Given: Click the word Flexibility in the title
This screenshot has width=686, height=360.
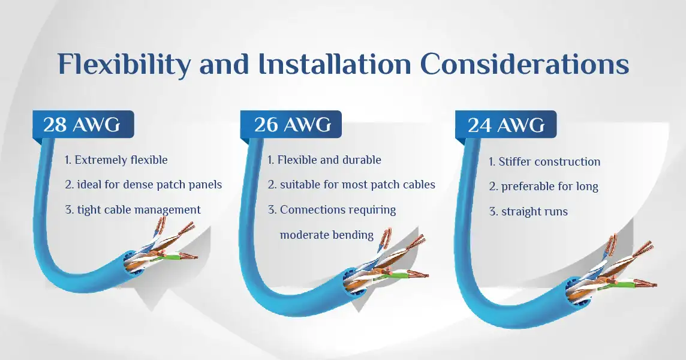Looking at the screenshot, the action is point(124,65).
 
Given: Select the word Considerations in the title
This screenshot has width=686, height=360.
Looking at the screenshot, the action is point(525,64).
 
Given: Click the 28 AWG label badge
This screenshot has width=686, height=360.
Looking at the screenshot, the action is point(83,124).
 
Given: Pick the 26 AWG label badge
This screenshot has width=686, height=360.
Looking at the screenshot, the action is point(291,124).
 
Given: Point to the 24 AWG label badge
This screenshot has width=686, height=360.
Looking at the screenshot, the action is point(506,125).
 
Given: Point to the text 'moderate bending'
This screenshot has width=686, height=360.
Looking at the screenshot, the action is point(327,235).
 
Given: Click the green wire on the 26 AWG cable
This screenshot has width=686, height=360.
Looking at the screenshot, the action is point(396,275).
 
